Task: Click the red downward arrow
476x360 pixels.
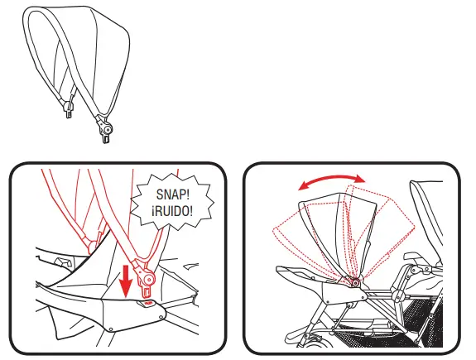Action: point(125,281)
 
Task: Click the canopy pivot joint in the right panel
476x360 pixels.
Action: point(357,283)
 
